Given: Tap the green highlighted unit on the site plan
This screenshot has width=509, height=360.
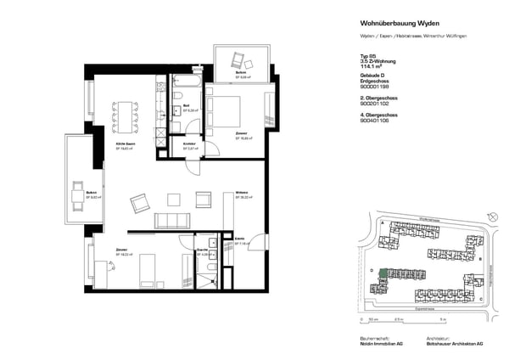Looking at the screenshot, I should pos(383,273).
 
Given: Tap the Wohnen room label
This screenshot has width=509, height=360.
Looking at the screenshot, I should pos(241,194).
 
